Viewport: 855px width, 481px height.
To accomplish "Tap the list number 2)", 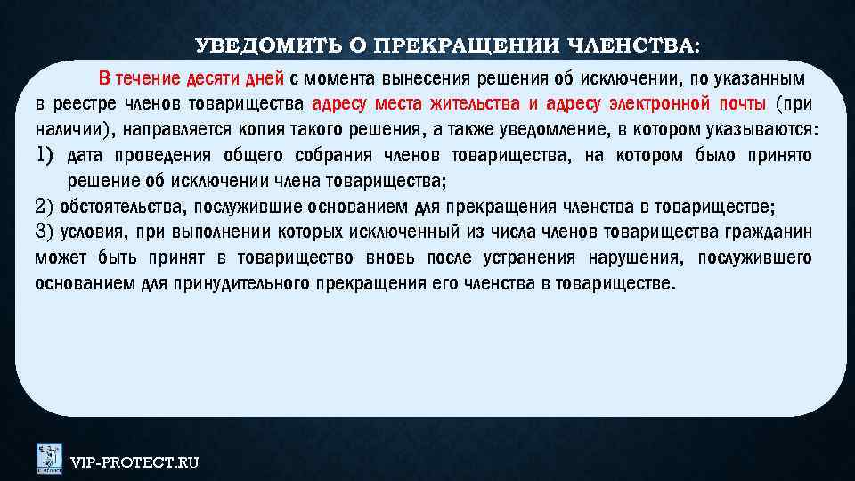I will click(45, 208).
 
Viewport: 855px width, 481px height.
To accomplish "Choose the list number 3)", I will click(45, 232).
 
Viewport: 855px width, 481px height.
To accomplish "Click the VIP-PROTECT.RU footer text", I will click(134, 461).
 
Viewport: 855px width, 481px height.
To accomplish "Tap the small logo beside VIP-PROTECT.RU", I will click(48, 458).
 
